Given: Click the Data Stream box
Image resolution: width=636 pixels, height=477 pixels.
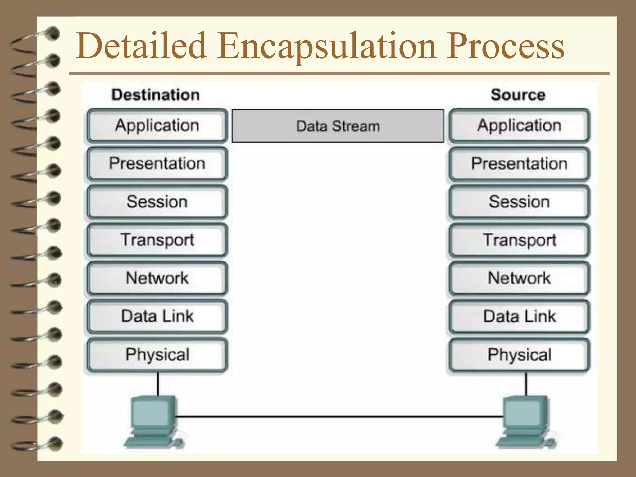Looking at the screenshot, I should [338, 126].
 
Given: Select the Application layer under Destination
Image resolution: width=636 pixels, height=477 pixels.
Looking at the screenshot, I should [157, 126].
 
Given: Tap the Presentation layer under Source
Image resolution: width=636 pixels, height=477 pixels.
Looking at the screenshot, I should [519, 164].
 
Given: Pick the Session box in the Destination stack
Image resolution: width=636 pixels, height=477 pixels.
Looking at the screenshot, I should [157, 202].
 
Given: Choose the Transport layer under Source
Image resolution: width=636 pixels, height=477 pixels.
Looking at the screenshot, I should [519, 240].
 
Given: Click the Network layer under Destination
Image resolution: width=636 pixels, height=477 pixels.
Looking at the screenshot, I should [157, 278].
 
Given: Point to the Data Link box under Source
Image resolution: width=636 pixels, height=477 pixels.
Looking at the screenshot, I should [519, 316].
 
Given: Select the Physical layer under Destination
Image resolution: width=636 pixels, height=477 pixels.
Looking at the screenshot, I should [157, 355].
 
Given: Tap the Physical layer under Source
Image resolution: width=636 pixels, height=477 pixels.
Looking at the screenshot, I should [519, 355].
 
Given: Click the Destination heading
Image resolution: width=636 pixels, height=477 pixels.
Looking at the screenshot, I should [156, 95].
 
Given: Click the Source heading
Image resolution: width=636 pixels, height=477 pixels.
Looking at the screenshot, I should [518, 95].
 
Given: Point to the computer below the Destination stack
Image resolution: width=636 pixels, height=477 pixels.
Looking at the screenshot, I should [154, 421].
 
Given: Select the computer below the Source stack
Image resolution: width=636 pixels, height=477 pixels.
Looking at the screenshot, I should [525, 421].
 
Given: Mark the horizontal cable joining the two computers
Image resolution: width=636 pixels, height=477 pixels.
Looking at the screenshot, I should [338, 416].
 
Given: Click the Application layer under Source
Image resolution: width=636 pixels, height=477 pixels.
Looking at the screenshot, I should [519, 126].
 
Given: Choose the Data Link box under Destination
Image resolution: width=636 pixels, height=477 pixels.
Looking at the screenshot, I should [157, 316].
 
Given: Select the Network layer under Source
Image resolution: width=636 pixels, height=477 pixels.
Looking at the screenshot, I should [519, 278].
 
